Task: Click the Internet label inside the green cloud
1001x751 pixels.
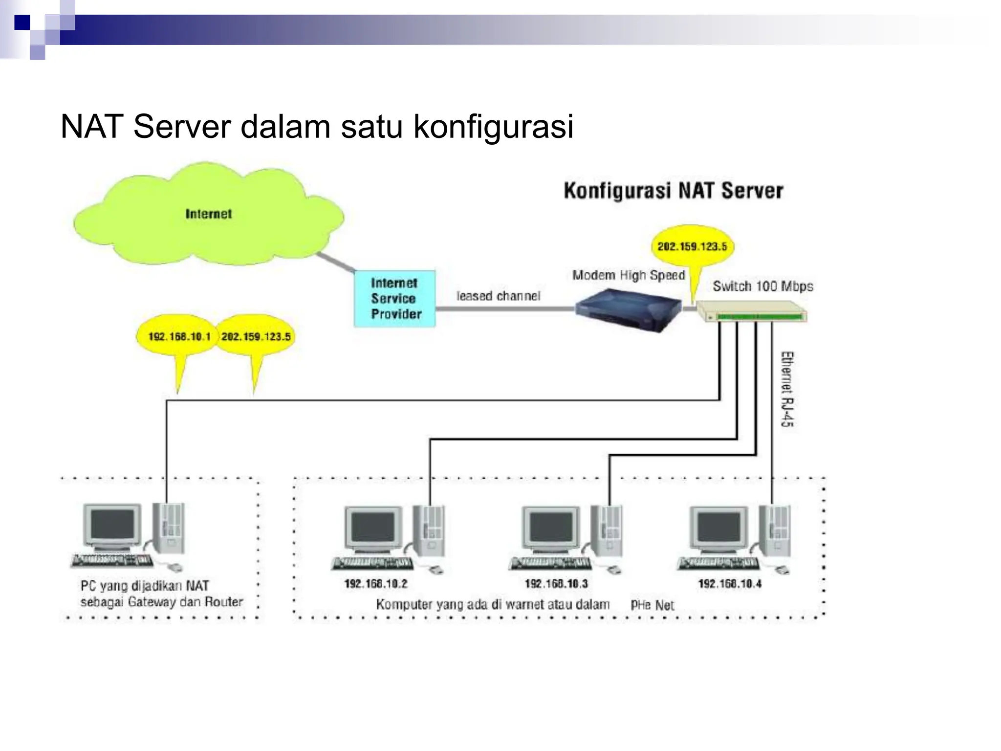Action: click(x=208, y=214)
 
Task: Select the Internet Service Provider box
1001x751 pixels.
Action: click(x=394, y=298)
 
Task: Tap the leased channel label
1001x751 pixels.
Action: click(x=498, y=296)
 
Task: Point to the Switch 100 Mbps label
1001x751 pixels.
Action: click(x=762, y=286)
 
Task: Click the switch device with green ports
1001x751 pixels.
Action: click(x=752, y=312)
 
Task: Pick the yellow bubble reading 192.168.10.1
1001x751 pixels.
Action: click(x=179, y=336)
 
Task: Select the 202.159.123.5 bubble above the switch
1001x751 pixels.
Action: click(x=692, y=246)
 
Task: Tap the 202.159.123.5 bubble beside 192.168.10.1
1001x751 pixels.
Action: click(x=256, y=336)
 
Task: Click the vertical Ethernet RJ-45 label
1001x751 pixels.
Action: click(x=787, y=389)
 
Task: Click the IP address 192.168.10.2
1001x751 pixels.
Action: click(x=375, y=583)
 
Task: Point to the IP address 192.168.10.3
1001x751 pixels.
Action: click(x=556, y=583)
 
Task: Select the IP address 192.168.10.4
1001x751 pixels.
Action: click(x=729, y=583)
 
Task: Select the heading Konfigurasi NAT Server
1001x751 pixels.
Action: click(x=673, y=191)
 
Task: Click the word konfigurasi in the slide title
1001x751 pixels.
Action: click(x=493, y=127)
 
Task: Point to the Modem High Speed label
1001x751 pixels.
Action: click(x=629, y=275)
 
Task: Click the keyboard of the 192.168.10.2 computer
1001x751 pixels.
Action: click(x=372, y=564)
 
